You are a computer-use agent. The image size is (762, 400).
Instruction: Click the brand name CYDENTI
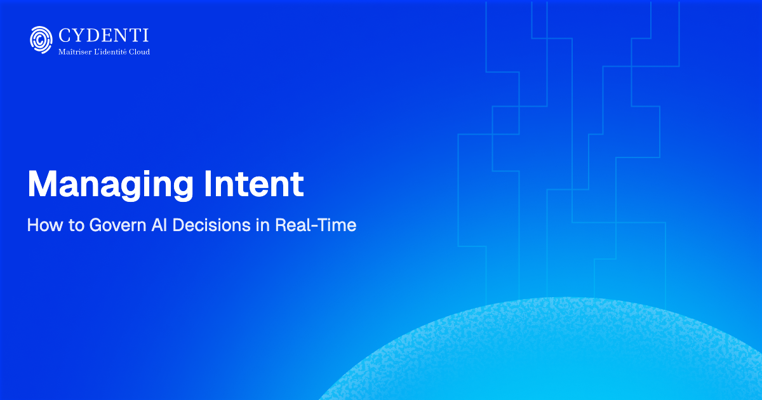(x=103, y=36)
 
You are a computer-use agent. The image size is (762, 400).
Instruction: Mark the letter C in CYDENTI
(x=64, y=36)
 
